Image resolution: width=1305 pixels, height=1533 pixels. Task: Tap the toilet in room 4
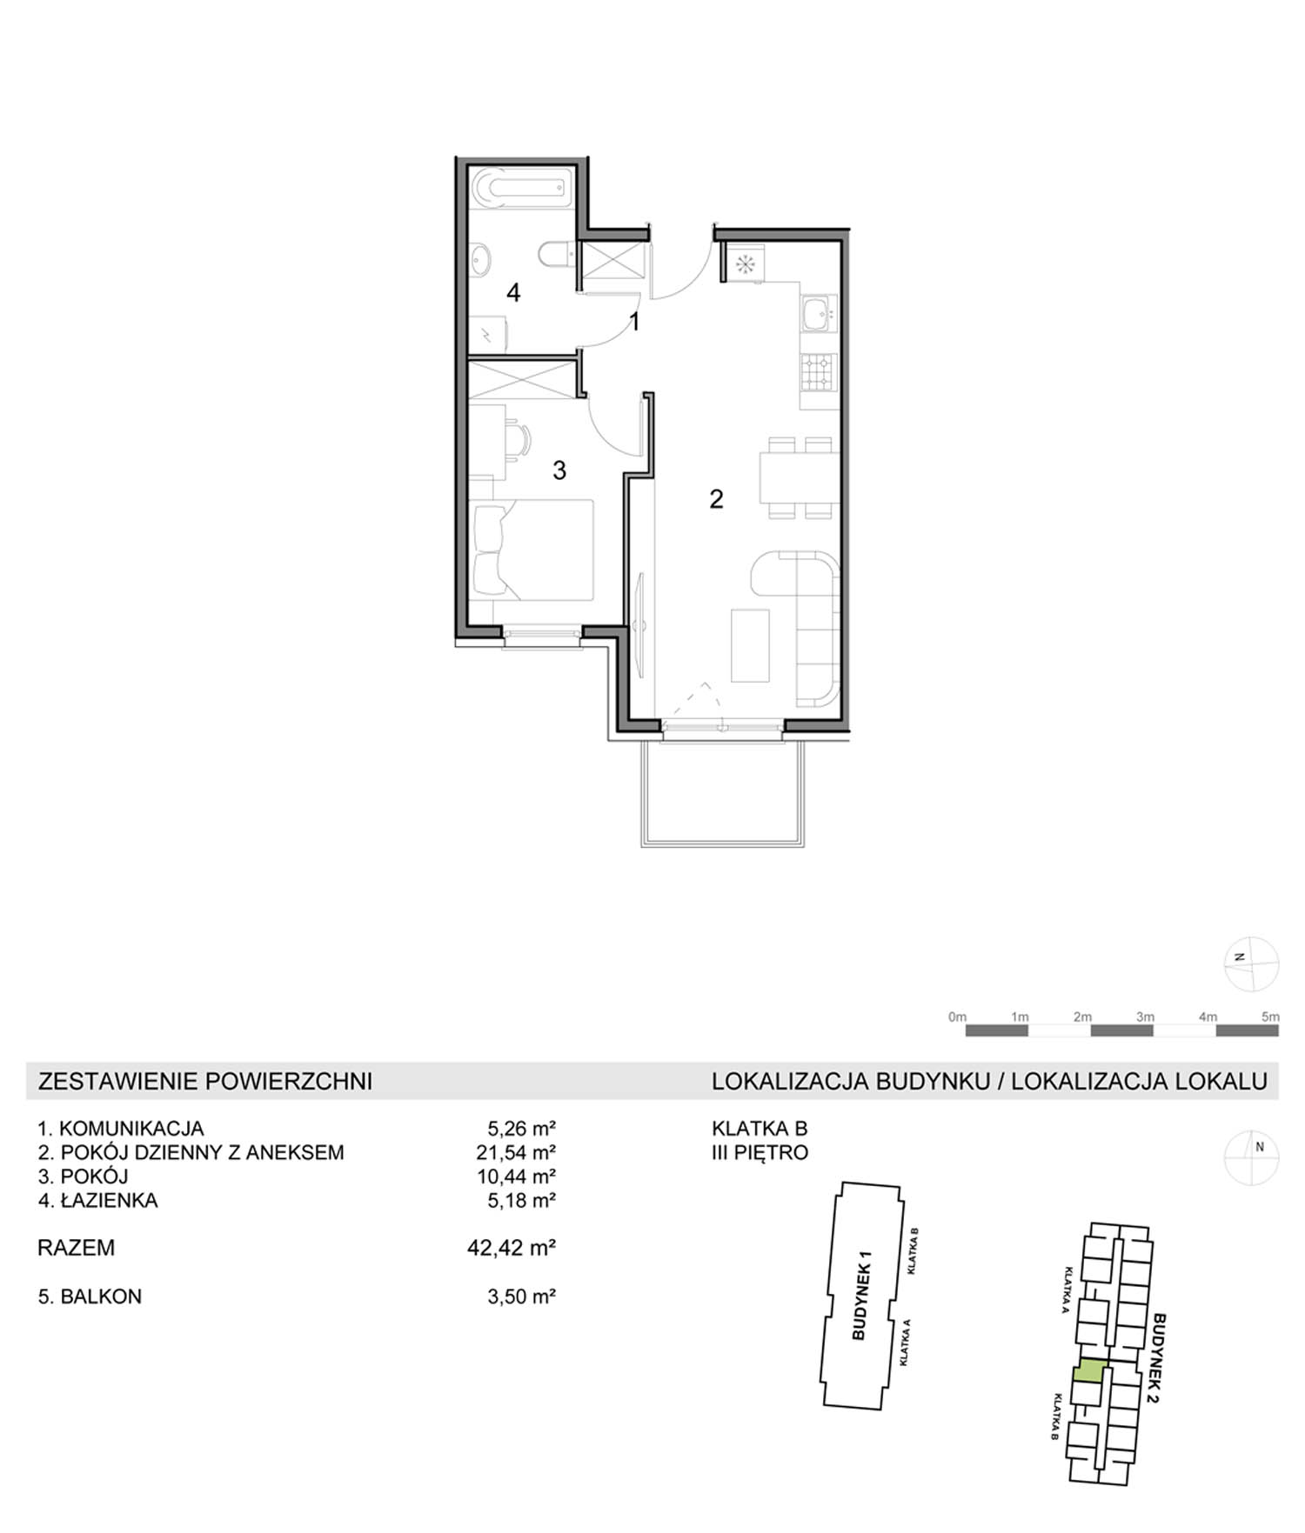pyautogui.click(x=554, y=255)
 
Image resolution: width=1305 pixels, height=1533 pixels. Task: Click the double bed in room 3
pyautogui.click(x=532, y=550)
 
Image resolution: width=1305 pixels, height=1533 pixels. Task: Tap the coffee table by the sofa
pyautogui.click(x=750, y=645)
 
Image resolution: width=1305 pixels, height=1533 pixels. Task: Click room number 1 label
pyautogui.click(x=635, y=323)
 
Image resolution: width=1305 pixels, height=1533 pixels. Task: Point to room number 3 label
pyautogui.click(x=559, y=470)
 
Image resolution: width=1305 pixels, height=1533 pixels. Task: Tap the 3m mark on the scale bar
pyautogui.click(x=1145, y=1016)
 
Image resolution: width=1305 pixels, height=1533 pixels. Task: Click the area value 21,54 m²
pyautogui.click(x=521, y=1152)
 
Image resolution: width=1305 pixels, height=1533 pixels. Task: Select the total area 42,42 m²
pyautogui.click(x=512, y=1248)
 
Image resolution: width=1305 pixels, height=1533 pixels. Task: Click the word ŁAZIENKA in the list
pyautogui.click(x=110, y=1201)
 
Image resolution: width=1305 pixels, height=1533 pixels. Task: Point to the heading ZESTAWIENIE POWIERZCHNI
pyautogui.click(x=205, y=1081)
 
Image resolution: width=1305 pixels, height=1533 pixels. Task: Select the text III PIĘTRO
pyautogui.click(x=760, y=1153)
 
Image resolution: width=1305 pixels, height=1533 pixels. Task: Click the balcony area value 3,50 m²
pyautogui.click(x=521, y=1296)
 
